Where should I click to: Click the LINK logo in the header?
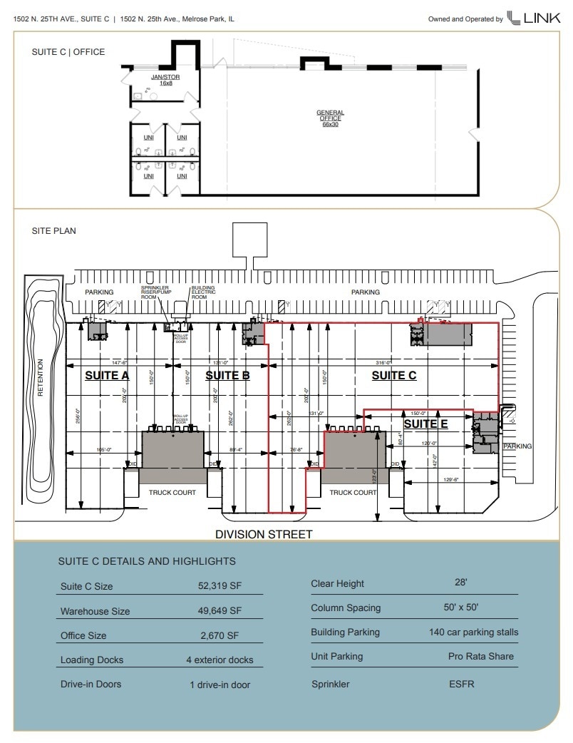click(533, 19)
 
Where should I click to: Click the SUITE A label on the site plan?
click(107, 375)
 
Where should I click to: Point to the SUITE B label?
click(227, 375)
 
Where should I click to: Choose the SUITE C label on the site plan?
click(393, 375)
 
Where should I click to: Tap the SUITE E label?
click(425, 424)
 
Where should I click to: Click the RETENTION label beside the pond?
click(41, 377)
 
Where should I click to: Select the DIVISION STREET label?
click(264, 534)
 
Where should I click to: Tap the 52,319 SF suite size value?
click(220, 586)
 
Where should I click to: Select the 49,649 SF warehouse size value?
click(220, 611)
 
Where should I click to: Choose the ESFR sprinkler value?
click(461, 684)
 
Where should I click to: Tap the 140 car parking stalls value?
click(474, 632)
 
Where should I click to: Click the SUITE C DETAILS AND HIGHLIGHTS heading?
click(147, 561)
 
